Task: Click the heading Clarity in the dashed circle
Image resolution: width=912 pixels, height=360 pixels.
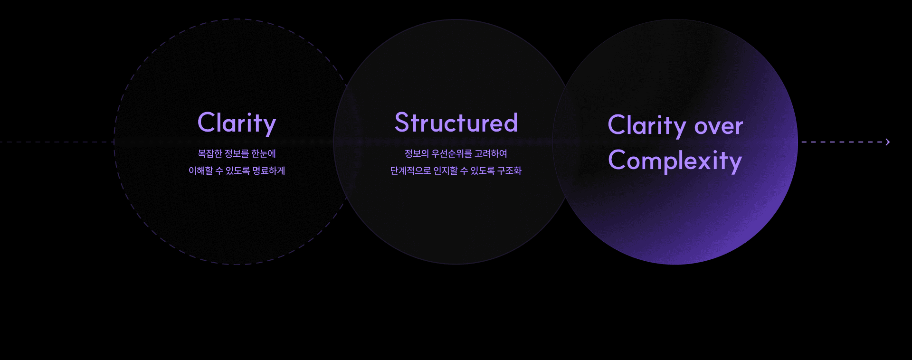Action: click(x=237, y=123)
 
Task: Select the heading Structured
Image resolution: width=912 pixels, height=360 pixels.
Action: click(x=456, y=123)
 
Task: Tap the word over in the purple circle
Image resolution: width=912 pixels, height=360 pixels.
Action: click(x=718, y=126)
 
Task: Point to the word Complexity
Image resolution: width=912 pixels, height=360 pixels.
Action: click(x=674, y=161)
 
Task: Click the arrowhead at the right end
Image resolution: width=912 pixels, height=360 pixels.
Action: click(x=887, y=142)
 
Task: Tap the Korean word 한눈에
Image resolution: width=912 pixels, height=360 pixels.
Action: click(x=264, y=153)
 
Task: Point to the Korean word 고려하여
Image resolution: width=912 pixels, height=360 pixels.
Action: click(x=491, y=153)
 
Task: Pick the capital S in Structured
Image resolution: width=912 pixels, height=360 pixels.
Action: click(x=402, y=123)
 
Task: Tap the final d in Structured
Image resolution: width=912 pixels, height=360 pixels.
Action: click(x=511, y=123)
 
